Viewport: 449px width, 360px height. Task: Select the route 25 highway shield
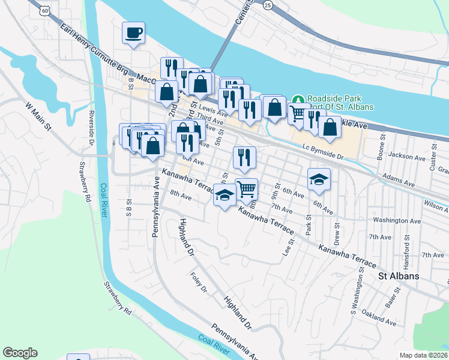(x=268, y=5)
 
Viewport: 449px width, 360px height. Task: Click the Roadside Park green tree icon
(x=297, y=99)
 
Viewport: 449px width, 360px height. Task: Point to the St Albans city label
(x=398, y=277)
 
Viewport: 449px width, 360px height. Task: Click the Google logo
(x=20, y=353)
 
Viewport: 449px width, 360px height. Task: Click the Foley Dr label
(x=198, y=283)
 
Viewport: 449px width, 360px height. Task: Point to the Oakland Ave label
(x=379, y=319)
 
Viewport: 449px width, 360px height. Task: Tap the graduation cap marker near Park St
(x=319, y=179)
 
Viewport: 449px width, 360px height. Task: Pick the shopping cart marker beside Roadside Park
(x=298, y=113)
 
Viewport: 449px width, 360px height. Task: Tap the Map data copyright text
(x=424, y=355)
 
